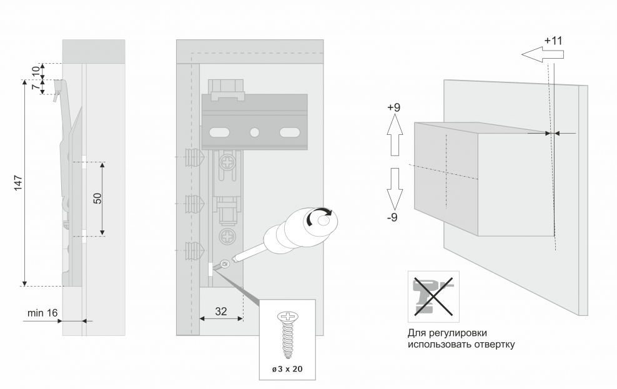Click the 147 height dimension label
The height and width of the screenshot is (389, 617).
[19, 183]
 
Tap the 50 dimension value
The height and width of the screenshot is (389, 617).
[97, 199]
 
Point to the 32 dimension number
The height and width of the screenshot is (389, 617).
[220, 310]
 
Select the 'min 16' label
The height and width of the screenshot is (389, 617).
[42, 312]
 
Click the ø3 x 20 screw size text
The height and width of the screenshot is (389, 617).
[287, 369]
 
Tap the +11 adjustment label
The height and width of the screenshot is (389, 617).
[553, 41]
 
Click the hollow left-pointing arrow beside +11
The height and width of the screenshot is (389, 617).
[542, 55]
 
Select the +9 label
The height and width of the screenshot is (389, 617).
[393, 107]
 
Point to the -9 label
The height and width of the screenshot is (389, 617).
[393, 218]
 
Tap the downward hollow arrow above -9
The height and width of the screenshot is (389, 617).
[394, 188]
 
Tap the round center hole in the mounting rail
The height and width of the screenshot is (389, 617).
[254, 132]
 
